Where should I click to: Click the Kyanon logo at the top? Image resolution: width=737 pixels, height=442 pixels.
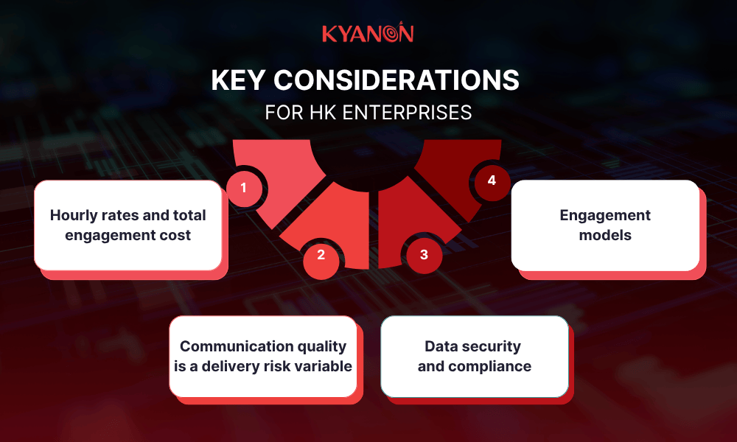point(368,34)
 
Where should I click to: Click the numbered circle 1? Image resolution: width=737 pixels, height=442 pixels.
point(243,188)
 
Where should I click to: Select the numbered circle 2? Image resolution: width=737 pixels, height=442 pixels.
point(321,255)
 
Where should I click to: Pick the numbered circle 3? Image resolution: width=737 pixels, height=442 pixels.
point(424,255)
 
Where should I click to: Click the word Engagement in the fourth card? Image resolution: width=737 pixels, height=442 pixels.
point(605,216)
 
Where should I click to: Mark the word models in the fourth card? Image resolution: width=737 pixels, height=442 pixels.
point(605,236)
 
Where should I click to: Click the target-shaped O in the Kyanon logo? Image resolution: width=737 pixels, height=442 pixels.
point(391,33)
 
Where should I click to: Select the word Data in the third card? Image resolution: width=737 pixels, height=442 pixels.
point(442,346)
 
